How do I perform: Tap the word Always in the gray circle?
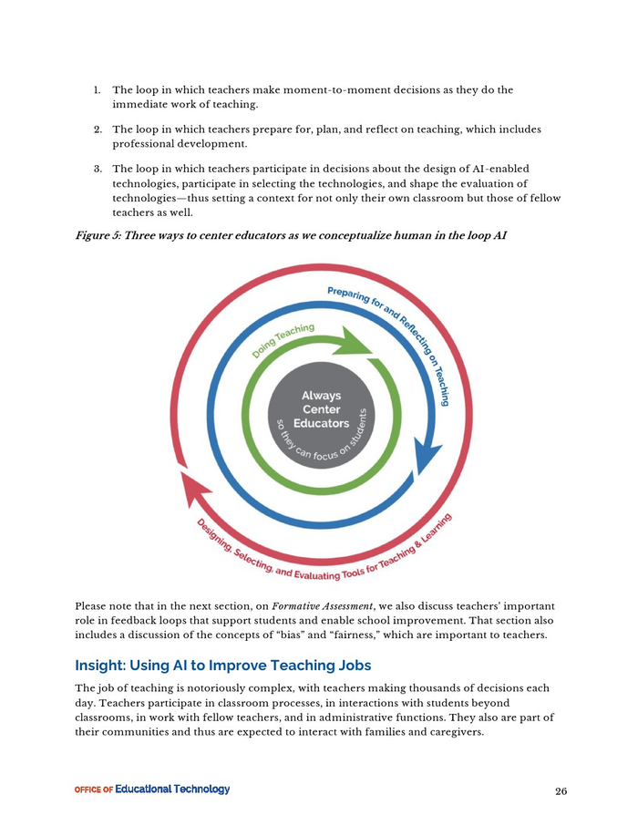[x=321, y=396]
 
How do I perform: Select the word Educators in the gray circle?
[x=320, y=424]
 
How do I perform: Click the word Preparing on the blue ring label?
[x=351, y=294]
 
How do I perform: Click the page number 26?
[x=561, y=790]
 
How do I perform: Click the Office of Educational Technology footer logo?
[x=151, y=790]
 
